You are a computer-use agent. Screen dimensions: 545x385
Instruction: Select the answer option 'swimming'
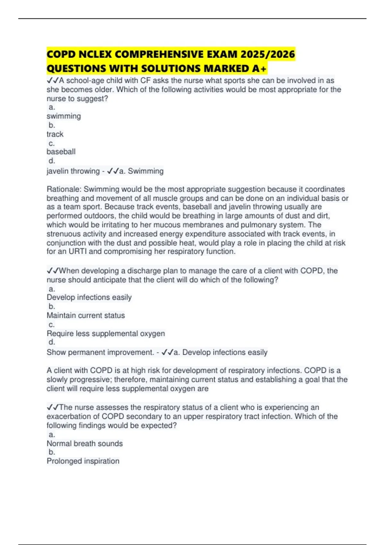tap(64, 116)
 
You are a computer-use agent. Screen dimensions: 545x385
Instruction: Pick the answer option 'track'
tap(55, 134)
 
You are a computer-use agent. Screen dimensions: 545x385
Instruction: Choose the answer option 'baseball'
tap(61, 152)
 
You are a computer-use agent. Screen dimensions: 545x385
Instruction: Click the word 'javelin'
tap(57, 171)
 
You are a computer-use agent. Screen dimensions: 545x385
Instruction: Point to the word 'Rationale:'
tap(64, 189)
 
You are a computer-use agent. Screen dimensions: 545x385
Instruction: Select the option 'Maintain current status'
tap(86, 315)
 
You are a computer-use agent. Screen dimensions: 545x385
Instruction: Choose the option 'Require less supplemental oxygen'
tap(106, 334)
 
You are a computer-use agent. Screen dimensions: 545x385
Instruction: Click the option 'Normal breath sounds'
tap(85, 444)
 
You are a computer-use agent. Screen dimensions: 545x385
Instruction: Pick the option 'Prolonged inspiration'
tap(83, 461)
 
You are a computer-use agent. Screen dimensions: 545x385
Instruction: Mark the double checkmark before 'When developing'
tap(53, 271)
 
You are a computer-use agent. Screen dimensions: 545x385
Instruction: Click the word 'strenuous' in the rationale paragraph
tap(64, 234)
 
